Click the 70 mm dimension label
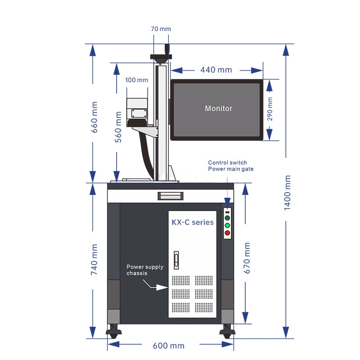pyautogui.click(x=161, y=29)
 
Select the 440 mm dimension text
pyautogui.click(x=216, y=70)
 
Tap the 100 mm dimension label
pyautogui.click(x=137, y=80)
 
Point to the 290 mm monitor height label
pyautogui.click(x=270, y=109)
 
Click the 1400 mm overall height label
pyautogui.click(x=287, y=193)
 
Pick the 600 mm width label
pyautogui.click(x=168, y=346)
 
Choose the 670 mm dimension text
pyautogui.click(x=247, y=258)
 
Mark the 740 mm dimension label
pyautogui.click(x=94, y=260)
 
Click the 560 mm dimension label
pyautogui.click(x=118, y=127)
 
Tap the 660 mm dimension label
pyautogui.click(x=94, y=117)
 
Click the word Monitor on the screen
pyautogui.click(x=219, y=108)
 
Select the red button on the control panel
pyautogui.click(x=227, y=233)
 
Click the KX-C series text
pyautogui.click(x=193, y=222)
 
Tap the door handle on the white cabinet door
pyautogui.click(x=176, y=260)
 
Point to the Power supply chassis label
pyautogui.click(x=145, y=270)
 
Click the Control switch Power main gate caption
pyautogui.click(x=231, y=166)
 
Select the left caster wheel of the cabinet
pyautogui.click(x=114, y=332)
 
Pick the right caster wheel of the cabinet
pyautogui.click(x=227, y=332)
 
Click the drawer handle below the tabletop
pyautogui.click(x=171, y=196)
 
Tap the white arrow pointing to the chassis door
pyautogui.click(x=155, y=285)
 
